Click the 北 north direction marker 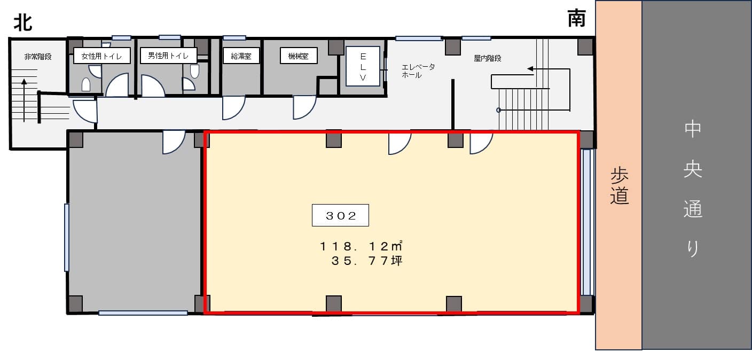pos(23,23)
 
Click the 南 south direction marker pos(577,18)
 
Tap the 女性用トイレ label pos(101,56)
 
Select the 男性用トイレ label pos(168,56)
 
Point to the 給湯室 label pos(241,56)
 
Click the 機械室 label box pos(299,56)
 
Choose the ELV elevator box pos(363,66)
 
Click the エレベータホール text pos(418,71)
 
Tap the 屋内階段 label pos(488,58)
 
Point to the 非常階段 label pos(38,57)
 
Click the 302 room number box pos(340,215)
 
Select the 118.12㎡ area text pos(361,246)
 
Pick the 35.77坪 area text pos(366,261)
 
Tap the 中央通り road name pos(693,189)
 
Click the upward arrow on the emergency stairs pos(24,100)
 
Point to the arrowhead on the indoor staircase pos(530,69)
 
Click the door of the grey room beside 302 pos(174,143)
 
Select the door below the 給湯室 pos(233,108)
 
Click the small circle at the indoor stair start pos(498,110)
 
